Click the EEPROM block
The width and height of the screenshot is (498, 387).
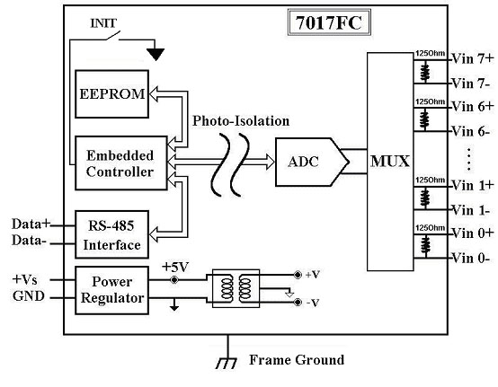coord(111,94)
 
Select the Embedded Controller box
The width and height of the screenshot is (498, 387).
coord(121,163)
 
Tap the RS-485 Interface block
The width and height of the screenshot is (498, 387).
coord(111,234)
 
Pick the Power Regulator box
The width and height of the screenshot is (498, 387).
coord(111,290)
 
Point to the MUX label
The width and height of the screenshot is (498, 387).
coord(390,161)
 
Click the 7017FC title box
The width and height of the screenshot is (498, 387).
coord(329,22)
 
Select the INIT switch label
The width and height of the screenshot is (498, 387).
coord(103,23)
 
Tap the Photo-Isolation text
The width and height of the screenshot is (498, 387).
coord(241,121)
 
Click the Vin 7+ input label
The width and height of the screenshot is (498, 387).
coord(473,58)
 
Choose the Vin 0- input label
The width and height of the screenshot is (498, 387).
coord(471,259)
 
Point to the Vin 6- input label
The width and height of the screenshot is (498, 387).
coord(471,131)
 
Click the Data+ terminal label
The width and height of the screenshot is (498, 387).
coord(31,224)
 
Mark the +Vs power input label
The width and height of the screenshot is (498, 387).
coord(25,280)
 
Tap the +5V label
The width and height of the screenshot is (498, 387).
coord(175,267)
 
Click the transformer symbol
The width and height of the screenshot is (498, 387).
coord(236,288)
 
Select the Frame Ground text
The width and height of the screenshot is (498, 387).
coord(297,360)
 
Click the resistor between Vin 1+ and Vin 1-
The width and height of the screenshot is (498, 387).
coord(425,198)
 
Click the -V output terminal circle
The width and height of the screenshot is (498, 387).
coord(298,303)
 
